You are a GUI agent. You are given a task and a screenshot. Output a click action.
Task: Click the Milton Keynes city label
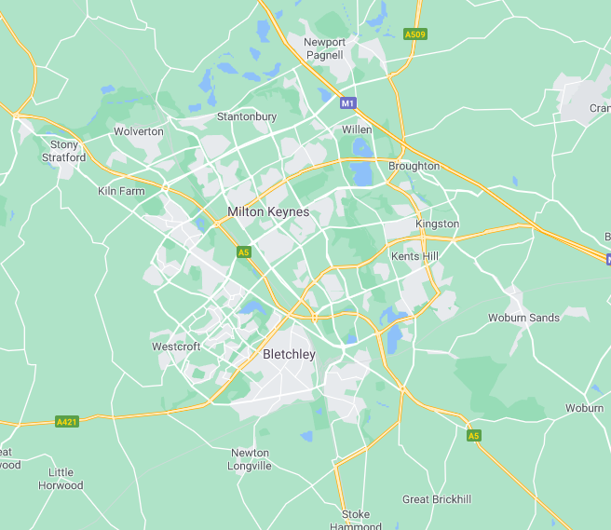[268, 212]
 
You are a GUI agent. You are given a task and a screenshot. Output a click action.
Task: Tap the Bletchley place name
[289, 355]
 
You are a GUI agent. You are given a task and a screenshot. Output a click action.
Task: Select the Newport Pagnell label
[325, 48]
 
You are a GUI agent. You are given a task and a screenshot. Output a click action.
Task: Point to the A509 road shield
[415, 34]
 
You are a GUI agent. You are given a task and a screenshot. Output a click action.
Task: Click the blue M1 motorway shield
[347, 103]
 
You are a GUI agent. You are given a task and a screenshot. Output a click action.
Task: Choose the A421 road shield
[66, 421]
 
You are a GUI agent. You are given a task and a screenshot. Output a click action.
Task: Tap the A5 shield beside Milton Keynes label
[243, 252]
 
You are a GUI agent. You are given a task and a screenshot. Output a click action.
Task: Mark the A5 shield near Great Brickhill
[473, 435]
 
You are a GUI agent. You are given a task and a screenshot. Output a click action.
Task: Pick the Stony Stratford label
[65, 151]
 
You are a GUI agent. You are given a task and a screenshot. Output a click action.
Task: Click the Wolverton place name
[139, 131]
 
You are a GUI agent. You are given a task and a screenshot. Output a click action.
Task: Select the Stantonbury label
[246, 117]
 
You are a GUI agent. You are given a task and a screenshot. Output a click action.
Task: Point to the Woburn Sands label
[523, 318]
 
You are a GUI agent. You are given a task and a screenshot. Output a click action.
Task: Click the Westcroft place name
[176, 347]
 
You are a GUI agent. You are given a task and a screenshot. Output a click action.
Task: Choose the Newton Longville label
[251, 459]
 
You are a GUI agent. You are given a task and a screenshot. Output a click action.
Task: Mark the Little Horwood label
[61, 479]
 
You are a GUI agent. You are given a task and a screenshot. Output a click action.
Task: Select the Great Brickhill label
[436, 500]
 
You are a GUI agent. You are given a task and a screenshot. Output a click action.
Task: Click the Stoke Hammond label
[356, 520]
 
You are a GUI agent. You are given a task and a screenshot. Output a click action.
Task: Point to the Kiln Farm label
[121, 191]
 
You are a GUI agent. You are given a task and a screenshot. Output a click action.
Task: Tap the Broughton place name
[414, 166]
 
